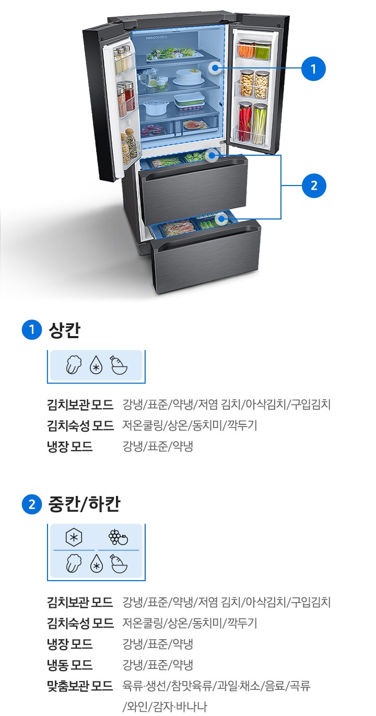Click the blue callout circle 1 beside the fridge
tap(313, 69)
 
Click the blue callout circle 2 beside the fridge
tap(313, 186)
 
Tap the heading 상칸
tap(64, 330)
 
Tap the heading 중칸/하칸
tap(84, 504)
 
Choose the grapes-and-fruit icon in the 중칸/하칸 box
tap(118, 537)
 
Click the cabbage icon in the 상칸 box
tap(74, 365)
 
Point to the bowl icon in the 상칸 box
tap(119, 365)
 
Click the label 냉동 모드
tap(69, 665)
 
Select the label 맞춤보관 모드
tap(80, 686)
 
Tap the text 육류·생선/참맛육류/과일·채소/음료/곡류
tap(216, 686)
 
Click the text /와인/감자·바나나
tap(164, 707)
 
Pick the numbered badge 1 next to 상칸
tap(31, 330)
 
